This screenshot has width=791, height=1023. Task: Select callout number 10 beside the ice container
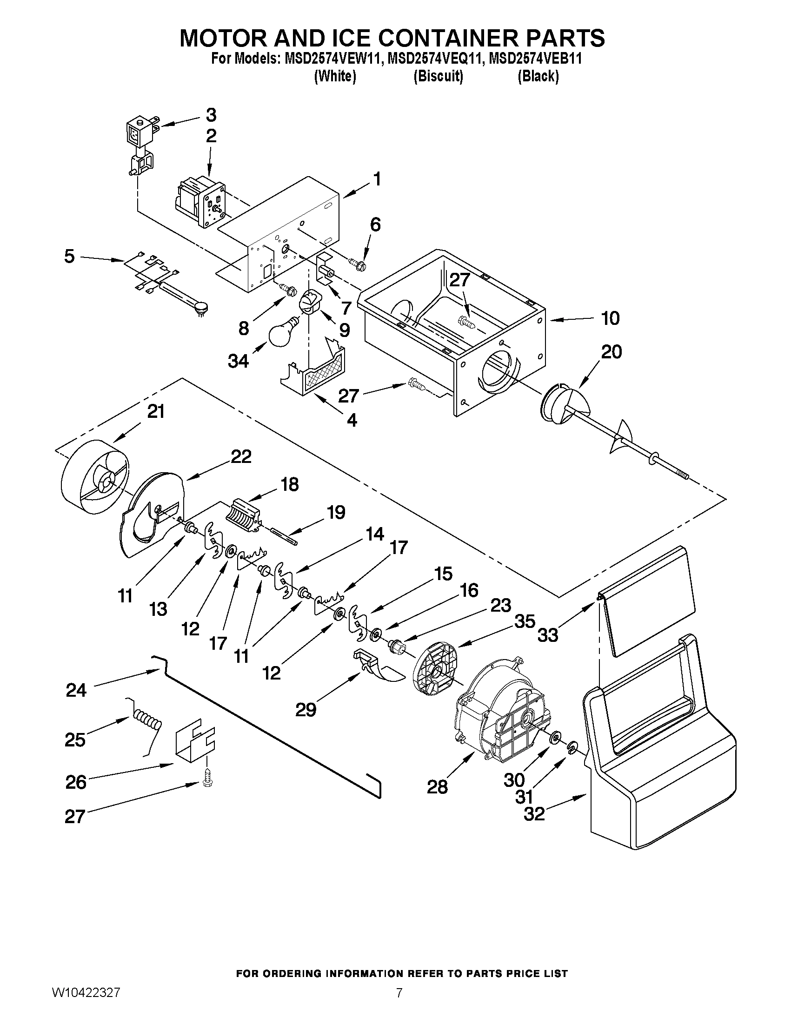click(x=610, y=318)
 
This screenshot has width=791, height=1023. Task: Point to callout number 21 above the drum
click(x=156, y=412)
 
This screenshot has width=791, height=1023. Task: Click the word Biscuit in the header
click(x=438, y=76)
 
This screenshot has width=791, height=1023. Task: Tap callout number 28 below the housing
click(x=437, y=786)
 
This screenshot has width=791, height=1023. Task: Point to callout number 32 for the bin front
click(x=534, y=814)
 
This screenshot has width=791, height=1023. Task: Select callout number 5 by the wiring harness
click(x=69, y=256)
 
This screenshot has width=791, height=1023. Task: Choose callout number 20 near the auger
click(x=611, y=352)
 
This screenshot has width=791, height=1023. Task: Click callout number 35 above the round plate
click(x=525, y=622)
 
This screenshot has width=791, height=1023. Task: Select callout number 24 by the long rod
click(x=76, y=690)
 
